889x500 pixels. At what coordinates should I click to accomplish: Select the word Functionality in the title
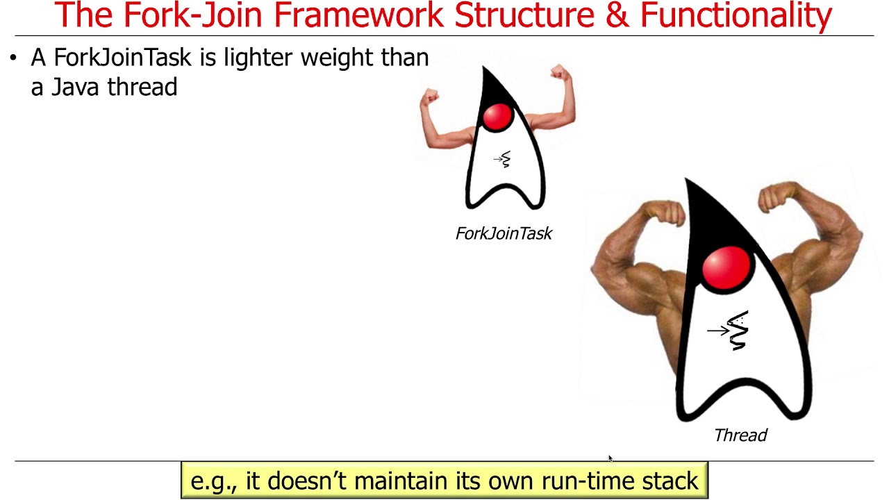(x=736, y=15)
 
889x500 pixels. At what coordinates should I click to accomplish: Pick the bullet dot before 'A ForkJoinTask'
(x=13, y=58)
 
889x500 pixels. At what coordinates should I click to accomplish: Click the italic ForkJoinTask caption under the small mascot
(x=504, y=233)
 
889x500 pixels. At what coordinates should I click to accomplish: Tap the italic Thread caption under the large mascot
(x=740, y=435)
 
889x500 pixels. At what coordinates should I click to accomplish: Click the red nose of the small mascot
(x=497, y=117)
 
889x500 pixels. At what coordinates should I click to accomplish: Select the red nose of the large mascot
(x=726, y=268)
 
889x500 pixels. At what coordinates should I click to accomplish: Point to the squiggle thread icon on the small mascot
(x=504, y=159)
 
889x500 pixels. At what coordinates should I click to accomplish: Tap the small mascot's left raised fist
(x=431, y=97)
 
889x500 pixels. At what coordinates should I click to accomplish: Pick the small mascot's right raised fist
(x=560, y=73)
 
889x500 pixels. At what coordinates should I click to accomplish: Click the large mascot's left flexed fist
(x=665, y=212)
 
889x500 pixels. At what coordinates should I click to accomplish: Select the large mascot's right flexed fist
(x=779, y=197)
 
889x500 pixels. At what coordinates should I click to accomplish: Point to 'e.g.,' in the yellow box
(x=213, y=481)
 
